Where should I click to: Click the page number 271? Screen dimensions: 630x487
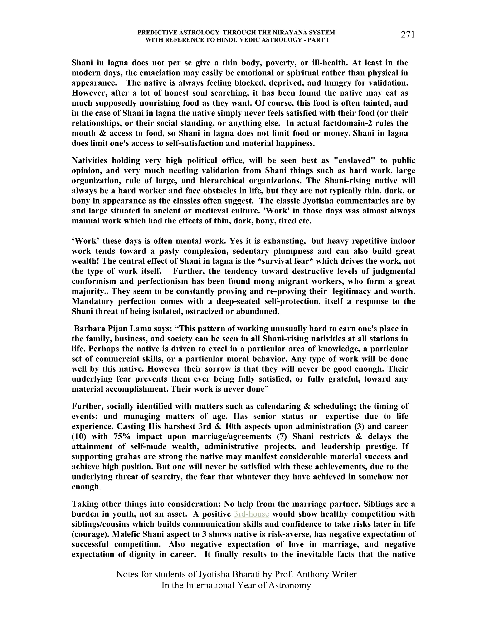(408, 35)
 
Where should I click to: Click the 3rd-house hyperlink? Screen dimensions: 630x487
(251, 514)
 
